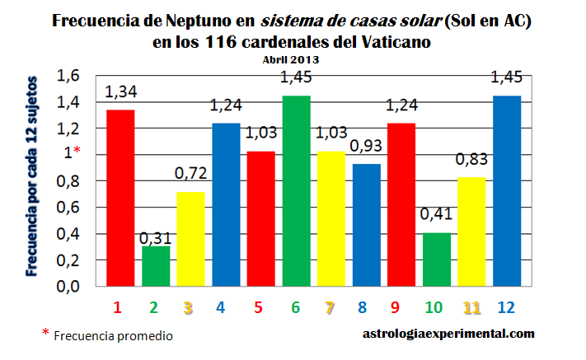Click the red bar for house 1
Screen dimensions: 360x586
pyautogui.click(x=118, y=198)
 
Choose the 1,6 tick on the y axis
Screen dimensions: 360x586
pyautogui.click(x=68, y=76)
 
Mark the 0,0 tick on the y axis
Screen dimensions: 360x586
pyautogui.click(x=68, y=287)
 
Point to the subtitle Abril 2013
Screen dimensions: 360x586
pyautogui.click(x=292, y=60)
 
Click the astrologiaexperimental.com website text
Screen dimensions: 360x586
pyautogui.click(x=448, y=334)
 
